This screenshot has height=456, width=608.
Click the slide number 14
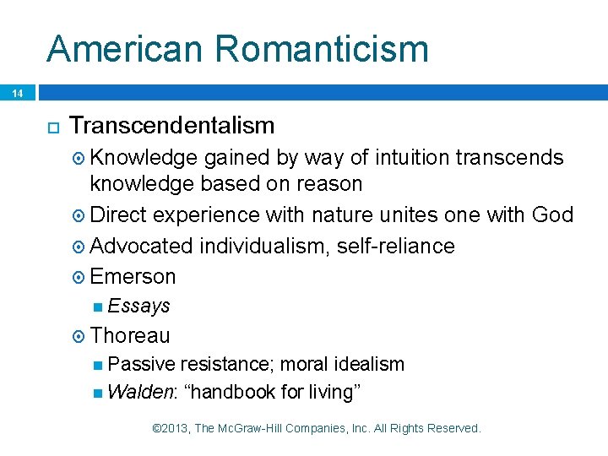click(16, 93)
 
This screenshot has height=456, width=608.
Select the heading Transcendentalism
click(172, 126)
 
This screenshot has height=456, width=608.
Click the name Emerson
click(133, 276)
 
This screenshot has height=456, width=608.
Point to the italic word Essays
click(139, 306)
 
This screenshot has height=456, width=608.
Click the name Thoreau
click(130, 335)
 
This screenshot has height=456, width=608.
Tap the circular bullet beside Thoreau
click(79, 336)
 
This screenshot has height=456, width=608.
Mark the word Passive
click(142, 364)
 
